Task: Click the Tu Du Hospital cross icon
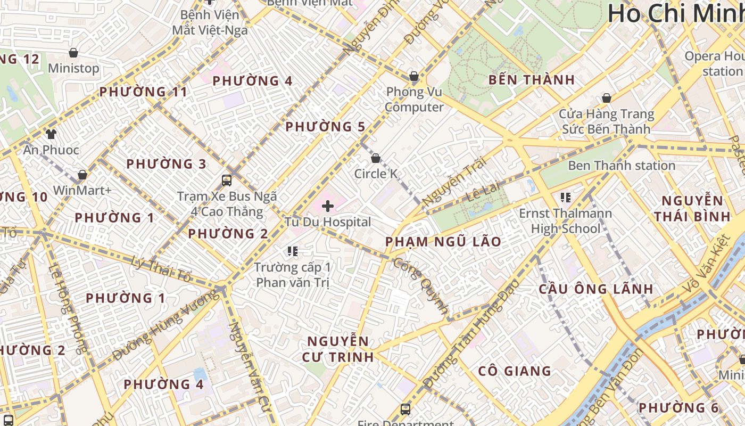point(328,206)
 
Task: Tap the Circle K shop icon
point(376,158)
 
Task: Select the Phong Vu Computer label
point(414,100)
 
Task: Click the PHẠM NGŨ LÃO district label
point(443,242)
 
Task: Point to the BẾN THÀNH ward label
point(532,80)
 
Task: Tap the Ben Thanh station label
point(622,166)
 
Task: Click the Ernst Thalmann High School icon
point(566,198)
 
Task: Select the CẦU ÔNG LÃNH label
point(596,289)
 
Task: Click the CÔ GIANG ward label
point(514,371)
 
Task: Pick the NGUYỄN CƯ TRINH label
point(338,349)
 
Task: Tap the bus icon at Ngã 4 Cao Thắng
point(227,181)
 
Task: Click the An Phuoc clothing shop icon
point(51,134)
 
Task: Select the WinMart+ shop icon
point(82,175)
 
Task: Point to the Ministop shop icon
point(73,53)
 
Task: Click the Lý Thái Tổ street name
point(161,269)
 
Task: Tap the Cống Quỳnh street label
point(421,285)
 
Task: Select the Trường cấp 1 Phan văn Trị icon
point(292,251)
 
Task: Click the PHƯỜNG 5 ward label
point(326,127)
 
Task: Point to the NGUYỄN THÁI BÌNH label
point(692,208)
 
